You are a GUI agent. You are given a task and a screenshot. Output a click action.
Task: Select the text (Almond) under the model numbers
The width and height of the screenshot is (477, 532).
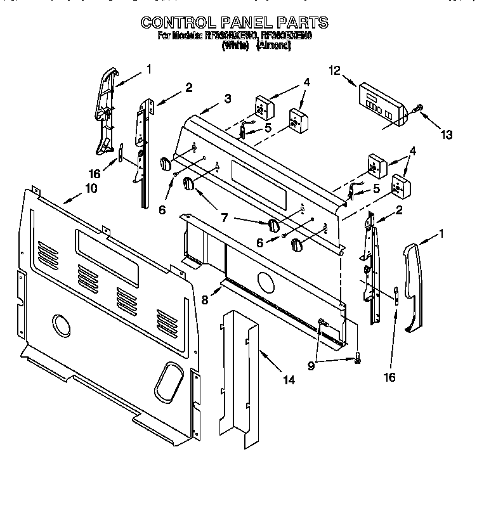(273, 46)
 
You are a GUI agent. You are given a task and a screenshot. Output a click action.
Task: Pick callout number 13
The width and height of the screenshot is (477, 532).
(447, 134)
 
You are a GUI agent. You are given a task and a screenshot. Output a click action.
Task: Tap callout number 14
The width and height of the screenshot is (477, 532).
(289, 380)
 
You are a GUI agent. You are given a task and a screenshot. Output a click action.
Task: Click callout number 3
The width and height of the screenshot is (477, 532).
(227, 98)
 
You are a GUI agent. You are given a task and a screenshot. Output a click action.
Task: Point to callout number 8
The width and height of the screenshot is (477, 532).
(204, 300)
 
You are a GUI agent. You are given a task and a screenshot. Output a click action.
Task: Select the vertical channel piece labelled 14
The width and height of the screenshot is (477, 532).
(241, 374)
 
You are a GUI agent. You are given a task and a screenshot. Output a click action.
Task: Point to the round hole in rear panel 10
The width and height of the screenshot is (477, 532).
(62, 325)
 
